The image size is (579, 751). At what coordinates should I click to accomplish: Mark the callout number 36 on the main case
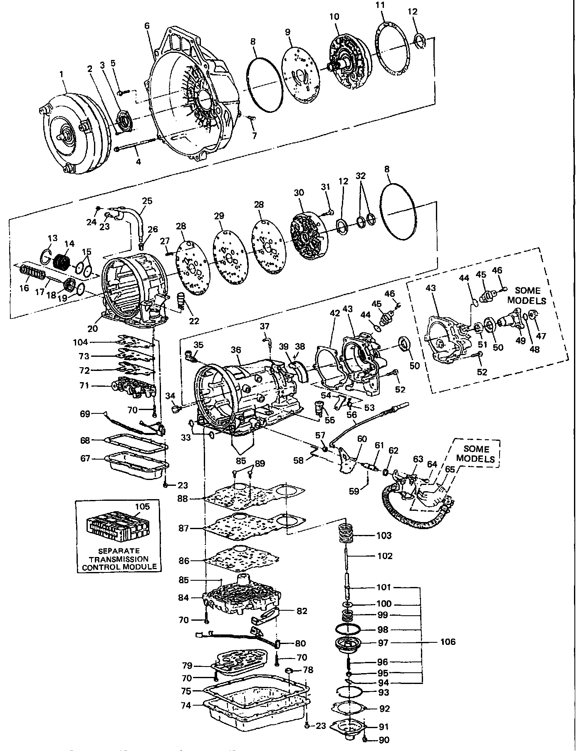tap(236, 350)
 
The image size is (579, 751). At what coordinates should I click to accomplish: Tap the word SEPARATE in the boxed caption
tap(119, 550)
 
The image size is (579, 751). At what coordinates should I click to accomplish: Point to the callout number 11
tap(380, 5)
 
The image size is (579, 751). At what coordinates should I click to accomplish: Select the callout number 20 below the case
tap(92, 328)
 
